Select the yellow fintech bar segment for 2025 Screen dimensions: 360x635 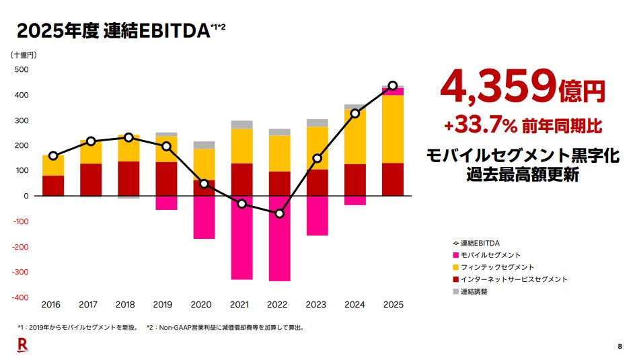[393, 129]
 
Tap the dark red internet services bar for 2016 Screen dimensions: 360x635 [53, 186]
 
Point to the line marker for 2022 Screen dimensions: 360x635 [279, 214]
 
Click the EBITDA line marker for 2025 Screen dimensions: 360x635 [393, 86]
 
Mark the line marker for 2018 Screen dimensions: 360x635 [128, 137]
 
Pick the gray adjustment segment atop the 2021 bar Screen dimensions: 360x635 [241, 124]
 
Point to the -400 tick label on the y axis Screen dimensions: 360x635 [19, 297]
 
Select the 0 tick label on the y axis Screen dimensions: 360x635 [26, 196]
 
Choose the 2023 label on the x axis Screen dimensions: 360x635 [317, 305]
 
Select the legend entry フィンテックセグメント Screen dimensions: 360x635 [497, 267]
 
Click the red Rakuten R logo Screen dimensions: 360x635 [22, 345]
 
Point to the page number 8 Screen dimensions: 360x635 [619, 347]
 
